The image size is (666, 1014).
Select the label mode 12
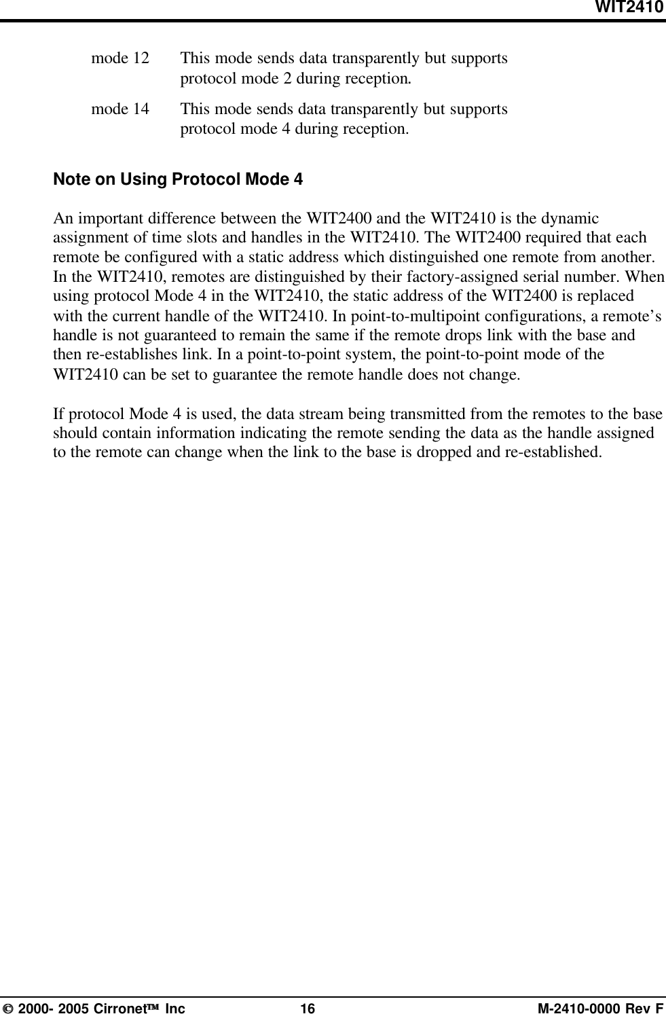coord(120,58)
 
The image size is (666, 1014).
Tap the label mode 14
coord(120,108)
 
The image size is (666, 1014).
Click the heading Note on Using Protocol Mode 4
coord(178,180)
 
